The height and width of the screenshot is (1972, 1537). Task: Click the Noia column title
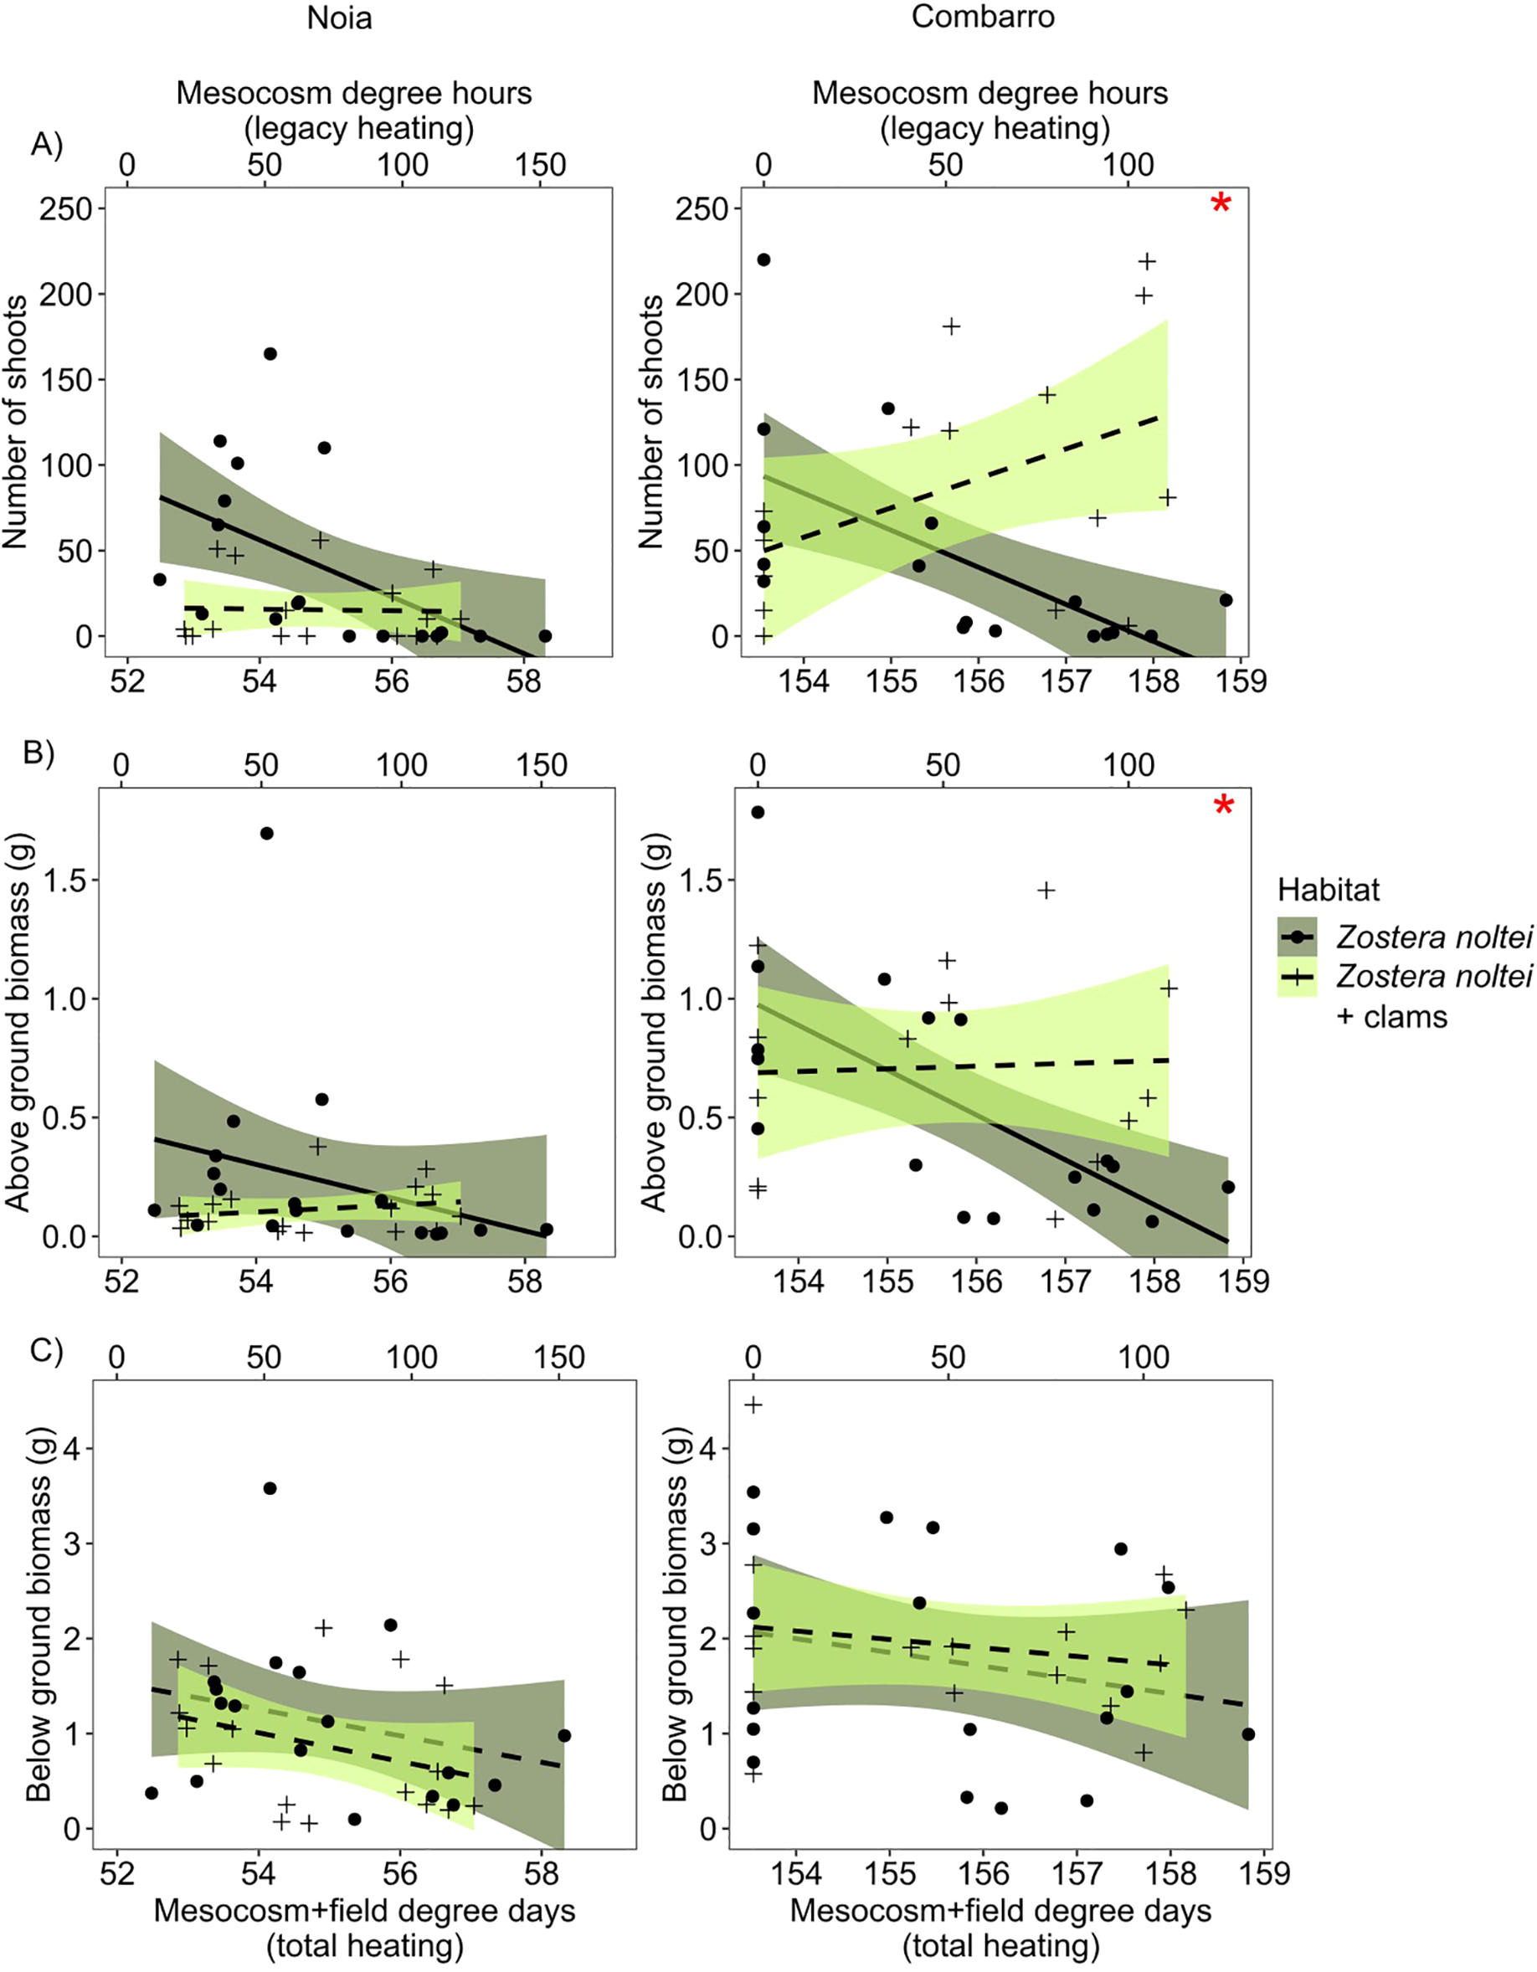339,18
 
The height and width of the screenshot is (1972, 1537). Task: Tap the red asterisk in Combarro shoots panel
1220,204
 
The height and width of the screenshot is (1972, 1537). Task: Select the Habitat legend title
1329,890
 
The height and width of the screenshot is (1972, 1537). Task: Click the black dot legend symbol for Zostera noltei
1298,937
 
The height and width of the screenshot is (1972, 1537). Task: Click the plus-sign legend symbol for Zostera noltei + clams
1298,976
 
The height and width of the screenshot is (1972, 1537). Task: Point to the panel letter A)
46,144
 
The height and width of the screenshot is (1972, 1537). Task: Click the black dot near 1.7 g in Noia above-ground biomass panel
266,833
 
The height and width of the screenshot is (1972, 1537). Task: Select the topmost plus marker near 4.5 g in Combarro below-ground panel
753,1405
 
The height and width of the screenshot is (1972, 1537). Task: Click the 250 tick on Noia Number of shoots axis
66,208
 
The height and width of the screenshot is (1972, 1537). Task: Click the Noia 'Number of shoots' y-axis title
15,421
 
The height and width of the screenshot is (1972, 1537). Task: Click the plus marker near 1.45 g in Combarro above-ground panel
1046,891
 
